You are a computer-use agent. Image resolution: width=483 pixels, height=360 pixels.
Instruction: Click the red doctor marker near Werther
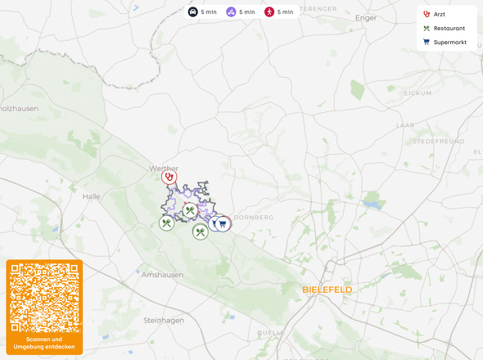169,176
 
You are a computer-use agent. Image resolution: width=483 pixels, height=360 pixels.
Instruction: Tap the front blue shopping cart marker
222,223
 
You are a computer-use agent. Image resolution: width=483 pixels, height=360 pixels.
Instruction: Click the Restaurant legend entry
448,28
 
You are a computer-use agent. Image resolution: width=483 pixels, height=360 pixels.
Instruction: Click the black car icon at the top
192,12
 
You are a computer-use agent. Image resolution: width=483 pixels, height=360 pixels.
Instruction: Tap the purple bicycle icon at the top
232,12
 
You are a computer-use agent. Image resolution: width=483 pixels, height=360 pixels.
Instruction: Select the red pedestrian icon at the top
269,12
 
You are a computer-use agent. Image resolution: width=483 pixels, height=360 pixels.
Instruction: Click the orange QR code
44,297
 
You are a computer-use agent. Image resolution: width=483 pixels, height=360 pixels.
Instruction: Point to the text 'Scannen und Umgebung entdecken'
44,343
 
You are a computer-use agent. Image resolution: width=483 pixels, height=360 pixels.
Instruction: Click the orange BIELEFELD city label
327,290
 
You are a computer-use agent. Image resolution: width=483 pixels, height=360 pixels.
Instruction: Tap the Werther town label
164,168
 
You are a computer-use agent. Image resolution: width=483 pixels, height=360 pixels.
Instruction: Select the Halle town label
91,196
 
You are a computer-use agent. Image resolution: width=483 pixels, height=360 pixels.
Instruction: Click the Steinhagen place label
164,320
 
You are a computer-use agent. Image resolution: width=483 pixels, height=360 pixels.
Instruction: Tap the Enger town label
366,16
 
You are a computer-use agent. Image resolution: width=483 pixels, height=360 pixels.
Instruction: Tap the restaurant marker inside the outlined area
190,210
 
